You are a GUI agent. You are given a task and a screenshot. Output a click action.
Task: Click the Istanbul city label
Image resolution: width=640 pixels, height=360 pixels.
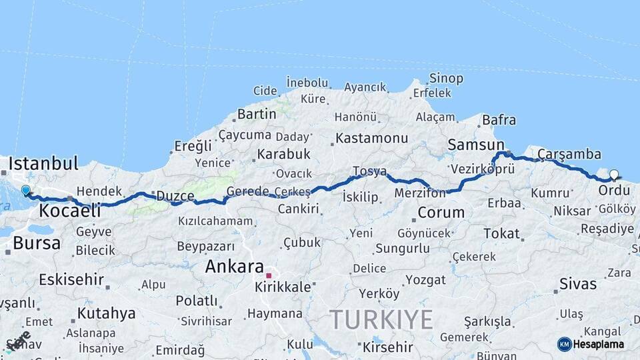coord(43,163)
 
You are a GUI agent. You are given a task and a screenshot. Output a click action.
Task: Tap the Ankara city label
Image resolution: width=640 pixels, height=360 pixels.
coord(234,267)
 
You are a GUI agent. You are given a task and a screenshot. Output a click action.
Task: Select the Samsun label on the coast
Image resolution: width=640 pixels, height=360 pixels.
coord(475,145)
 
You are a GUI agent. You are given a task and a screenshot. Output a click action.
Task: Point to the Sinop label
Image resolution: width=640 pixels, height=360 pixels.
coord(446,79)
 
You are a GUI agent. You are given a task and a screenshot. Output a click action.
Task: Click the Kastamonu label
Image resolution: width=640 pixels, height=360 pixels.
coord(371,139)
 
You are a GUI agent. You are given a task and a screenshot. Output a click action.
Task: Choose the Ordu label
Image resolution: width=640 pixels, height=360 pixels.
coord(614,190)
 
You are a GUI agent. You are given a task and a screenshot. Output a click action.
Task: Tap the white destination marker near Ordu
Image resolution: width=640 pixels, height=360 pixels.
coord(614,175)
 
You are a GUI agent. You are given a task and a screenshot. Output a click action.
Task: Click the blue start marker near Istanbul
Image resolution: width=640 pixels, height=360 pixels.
coord(26,191)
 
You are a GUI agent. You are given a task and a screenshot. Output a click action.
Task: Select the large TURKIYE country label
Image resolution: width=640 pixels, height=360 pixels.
coord(381,320)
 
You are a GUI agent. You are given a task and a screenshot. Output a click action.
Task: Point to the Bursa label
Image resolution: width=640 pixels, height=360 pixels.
coord(37,243)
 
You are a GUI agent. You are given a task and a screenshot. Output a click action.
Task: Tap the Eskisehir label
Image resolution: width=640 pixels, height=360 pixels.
coord(71,279)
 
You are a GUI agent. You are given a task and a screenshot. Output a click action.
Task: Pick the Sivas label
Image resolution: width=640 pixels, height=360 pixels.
coord(578,284)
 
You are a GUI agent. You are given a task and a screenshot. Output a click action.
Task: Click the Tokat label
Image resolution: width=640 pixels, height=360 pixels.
coord(501,233)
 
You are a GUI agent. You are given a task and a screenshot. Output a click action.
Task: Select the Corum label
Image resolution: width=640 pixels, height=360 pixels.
coord(441,213)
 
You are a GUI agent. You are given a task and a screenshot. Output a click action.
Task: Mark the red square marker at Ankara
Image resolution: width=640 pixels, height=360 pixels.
coord(269,275)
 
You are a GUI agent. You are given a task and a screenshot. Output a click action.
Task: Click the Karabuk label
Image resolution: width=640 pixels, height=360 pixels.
coord(282,154)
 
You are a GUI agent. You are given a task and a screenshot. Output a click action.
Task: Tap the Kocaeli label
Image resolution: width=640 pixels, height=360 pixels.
coord(70,211)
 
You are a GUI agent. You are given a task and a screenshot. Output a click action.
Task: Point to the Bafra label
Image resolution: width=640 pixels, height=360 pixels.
coord(499,121)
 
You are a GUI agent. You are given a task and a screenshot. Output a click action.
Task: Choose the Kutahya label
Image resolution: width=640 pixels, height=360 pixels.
coord(106,313)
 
